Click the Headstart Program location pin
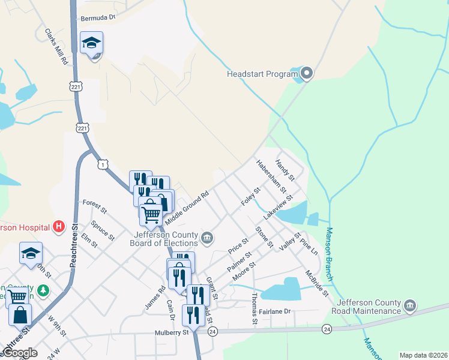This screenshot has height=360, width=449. [x=307, y=74]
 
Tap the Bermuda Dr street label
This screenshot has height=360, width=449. [x=98, y=19]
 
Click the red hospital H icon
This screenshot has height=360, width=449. [x=59, y=226]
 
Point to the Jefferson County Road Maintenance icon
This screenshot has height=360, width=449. [x=410, y=305]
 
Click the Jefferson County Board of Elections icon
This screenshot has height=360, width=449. [x=206, y=238]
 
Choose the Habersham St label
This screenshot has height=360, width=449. [x=271, y=175]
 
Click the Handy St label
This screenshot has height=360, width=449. [x=285, y=170]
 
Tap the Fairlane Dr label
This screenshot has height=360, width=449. [x=274, y=311]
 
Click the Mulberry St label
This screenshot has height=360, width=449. [x=173, y=332]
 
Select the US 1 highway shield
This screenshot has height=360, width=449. [x=103, y=164]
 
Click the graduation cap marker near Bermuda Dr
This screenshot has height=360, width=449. [x=91, y=44]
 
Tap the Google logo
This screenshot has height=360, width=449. [x=20, y=353]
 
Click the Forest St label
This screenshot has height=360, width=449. [x=95, y=206]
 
